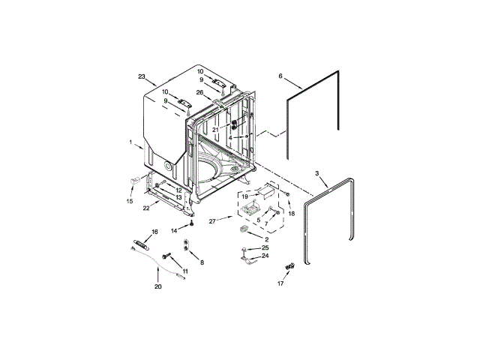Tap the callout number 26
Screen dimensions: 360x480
coord(199,93)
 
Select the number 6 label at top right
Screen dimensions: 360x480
coord(280,76)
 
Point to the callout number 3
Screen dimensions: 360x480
coord(316,173)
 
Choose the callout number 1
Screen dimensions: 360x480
coord(130,142)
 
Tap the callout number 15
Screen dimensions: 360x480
coord(130,201)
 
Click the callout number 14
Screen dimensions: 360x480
coord(173,229)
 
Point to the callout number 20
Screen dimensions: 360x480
coord(157,286)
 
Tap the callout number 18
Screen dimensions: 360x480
coord(292,214)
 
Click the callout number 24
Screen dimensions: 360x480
coord(265,256)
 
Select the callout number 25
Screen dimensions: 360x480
coord(265,247)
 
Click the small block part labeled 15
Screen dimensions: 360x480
coord(136,180)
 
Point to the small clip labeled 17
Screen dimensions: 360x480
coord(288,267)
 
